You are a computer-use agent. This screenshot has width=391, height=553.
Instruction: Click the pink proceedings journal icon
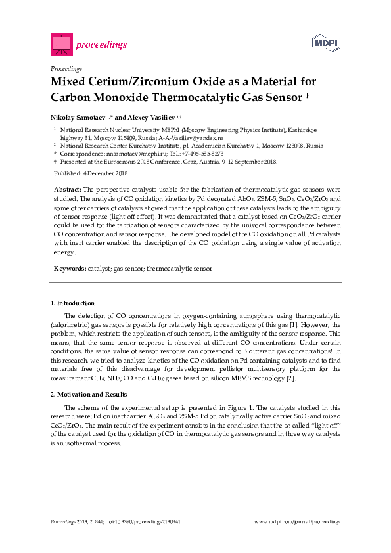[60, 45]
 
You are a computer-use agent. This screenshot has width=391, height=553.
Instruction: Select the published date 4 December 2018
[99, 173]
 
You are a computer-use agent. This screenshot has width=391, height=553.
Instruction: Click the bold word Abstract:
[68, 188]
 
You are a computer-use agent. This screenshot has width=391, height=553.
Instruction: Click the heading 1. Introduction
[72, 303]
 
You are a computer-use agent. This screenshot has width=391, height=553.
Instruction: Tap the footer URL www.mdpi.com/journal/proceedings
[297, 521]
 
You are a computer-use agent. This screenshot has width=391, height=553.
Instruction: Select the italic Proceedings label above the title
[66, 68]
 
